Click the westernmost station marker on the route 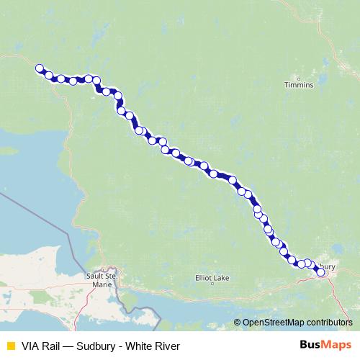coord(40,69)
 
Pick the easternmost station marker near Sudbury coord(320,272)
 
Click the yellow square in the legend coord(10,346)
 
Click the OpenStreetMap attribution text coord(296,322)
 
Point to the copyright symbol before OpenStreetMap coord(238,322)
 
